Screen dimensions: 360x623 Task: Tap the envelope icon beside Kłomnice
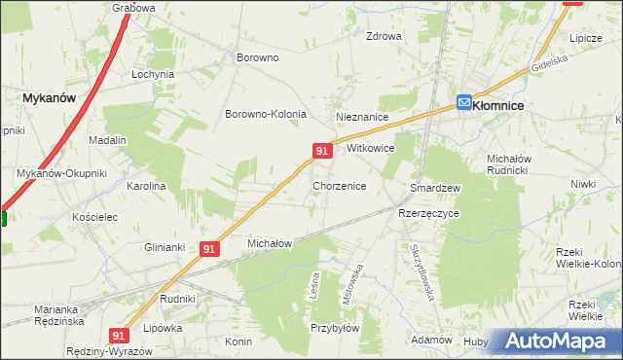tap(465, 101)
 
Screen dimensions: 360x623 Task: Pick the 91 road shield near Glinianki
tap(209, 249)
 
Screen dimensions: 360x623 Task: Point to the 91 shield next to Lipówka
tap(119, 335)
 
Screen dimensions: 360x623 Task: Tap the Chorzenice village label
tap(339, 185)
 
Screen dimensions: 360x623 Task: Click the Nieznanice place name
tap(362, 117)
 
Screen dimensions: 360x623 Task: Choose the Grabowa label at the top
tap(133, 8)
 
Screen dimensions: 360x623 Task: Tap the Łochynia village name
tap(153, 74)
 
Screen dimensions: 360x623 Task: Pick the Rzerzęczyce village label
tap(428, 212)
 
